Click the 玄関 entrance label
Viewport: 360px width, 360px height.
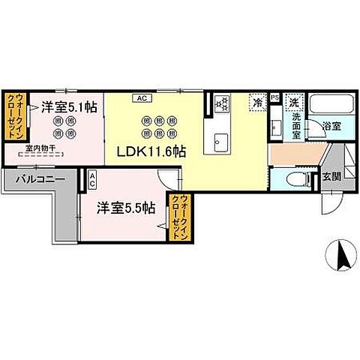tap(331, 177)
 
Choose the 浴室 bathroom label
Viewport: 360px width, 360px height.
tap(333, 127)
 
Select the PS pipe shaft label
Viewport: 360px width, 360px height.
tap(274, 97)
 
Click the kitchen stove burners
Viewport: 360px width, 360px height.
tap(222, 104)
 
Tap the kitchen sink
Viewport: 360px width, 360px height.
tap(222, 140)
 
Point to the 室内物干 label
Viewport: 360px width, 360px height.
tap(37, 148)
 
